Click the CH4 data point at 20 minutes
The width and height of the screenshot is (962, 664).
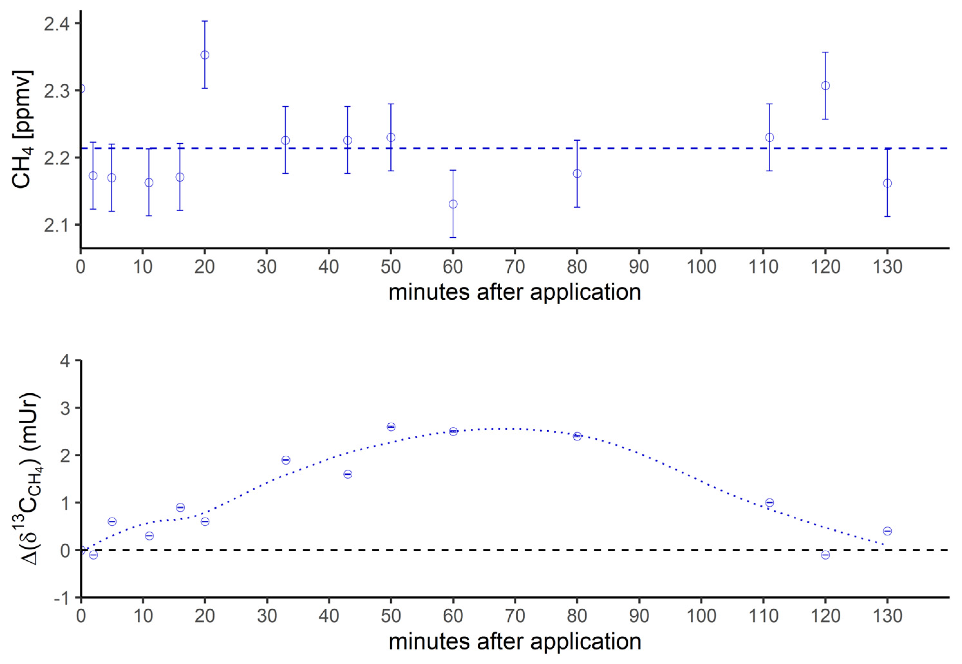click(x=205, y=55)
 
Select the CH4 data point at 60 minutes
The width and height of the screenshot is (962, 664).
click(x=453, y=204)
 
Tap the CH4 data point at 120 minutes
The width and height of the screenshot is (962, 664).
click(x=826, y=86)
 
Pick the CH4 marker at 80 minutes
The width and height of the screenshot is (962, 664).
click(x=577, y=173)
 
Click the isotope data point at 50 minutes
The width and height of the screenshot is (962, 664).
click(x=391, y=426)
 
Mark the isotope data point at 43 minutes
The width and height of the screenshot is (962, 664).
click(x=348, y=474)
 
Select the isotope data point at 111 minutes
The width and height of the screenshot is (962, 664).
click(x=769, y=502)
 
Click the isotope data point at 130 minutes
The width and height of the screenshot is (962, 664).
click(x=887, y=531)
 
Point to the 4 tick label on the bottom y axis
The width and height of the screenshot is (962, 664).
click(x=66, y=361)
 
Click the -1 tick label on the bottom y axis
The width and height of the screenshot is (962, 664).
click(x=62, y=598)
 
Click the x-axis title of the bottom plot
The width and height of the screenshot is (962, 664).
click(x=514, y=641)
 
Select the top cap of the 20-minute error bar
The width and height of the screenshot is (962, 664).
click(x=205, y=21)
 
